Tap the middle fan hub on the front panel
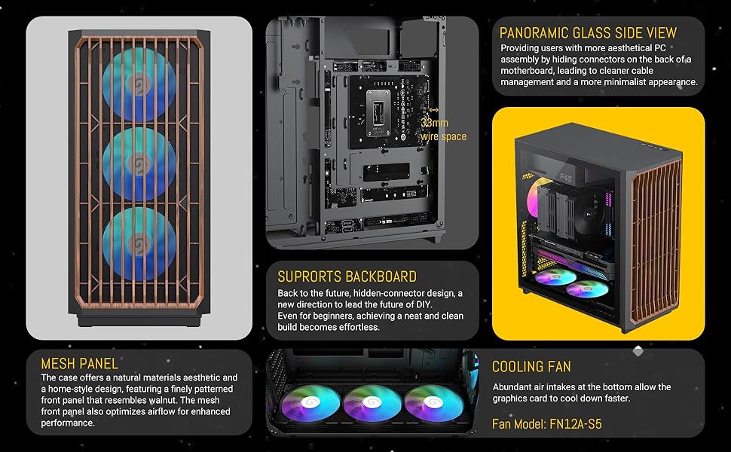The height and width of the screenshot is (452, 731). [139, 163]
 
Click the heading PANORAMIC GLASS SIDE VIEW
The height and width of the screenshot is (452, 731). [589, 33]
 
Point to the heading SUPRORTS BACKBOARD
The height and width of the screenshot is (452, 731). [347, 276]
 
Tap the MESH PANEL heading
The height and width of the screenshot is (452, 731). [80, 364]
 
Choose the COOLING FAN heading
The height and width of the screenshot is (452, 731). [531, 367]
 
